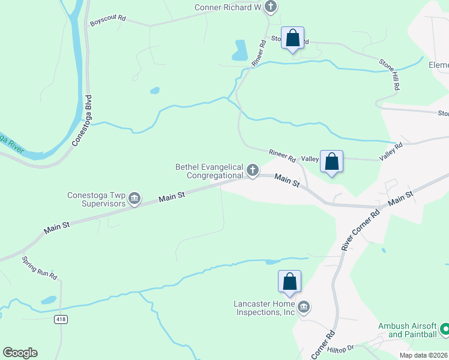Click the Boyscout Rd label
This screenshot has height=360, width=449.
pyautogui.click(x=108, y=19)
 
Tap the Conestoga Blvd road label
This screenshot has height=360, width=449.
pyautogui.click(x=83, y=121)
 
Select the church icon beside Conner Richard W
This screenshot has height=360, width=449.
pyautogui.click(x=271, y=7)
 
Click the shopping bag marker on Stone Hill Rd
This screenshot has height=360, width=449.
pyautogui.click(x=292, y=38)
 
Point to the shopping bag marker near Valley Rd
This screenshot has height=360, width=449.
pyautogui.click(x=331, y=161)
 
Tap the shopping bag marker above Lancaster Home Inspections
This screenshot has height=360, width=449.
pyautogui.click(x=289, y=281)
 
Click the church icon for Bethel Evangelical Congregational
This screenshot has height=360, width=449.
pyautogui.click(x=253, y=171)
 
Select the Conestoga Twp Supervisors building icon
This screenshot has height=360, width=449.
pyautogui.click(x=134, y=199)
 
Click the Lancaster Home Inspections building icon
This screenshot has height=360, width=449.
pyautogui.click(x=304, y=308)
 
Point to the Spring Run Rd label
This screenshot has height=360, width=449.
pyautogui.click(x=40, y=268)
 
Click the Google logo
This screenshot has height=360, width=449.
pyautogui.click(x=20, y=353)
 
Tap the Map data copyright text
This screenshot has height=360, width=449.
pyautogui.click(x=423, y=355)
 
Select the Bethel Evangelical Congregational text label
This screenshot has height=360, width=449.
pyautogui.click(x=209, y=171)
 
